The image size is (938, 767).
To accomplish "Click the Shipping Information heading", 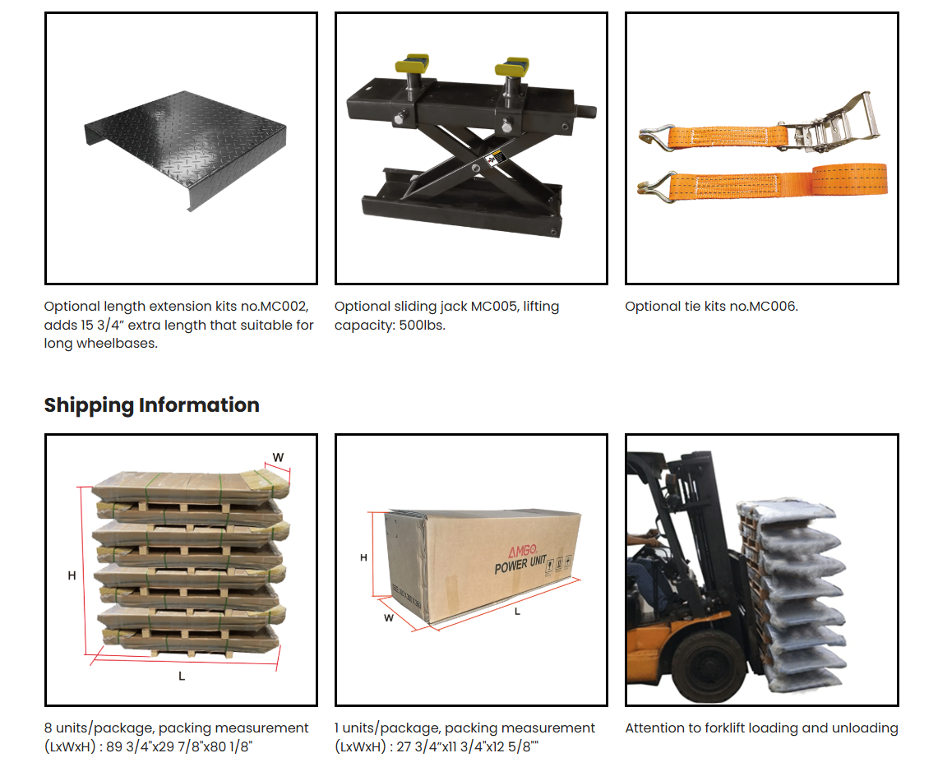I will point(151,405).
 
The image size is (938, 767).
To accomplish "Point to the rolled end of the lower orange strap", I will point(851,178).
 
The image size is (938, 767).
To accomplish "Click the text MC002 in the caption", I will point(284,307).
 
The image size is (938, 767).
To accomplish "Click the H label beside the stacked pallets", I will point(72,576).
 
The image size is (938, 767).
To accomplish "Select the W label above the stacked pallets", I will point(278,457).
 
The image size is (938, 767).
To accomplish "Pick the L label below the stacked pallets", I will point(182,676).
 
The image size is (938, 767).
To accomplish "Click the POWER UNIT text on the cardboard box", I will point(520,566).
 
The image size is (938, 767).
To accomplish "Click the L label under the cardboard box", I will point(517,611).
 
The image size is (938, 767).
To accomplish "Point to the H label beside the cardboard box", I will point(364,557).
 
